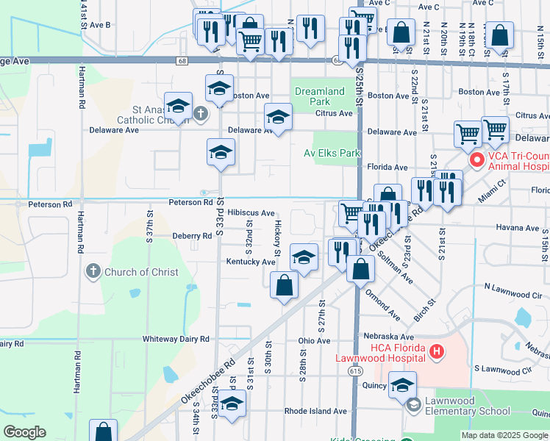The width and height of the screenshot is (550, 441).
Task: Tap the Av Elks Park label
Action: pyautogui.click(x=332, y=153)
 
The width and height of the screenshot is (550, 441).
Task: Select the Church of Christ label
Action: pyautogui.click(x=141, y=272)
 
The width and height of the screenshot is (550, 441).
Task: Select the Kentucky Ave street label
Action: pyautogui.click(x=251, y=262)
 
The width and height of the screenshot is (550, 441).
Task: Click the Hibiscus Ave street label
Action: pyautogui.click(x=251, y=212)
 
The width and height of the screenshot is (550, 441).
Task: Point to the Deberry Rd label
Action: pyautogui.click(x=192, y=236)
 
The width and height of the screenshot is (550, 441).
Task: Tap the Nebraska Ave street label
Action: pyautogui.click(x=390, y=336)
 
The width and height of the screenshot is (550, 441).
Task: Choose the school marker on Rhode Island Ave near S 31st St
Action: pyautogui.click(x=232, y=404)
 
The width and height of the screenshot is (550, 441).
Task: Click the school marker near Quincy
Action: pyautogui.click(x=402, y=386)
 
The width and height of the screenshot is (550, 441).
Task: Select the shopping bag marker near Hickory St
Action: pyautogui.click(x=284, y=285)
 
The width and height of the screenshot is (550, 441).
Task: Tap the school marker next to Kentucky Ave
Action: pyautogui.click(x=304, y=257)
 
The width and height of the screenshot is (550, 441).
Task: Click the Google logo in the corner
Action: pyautogui.click(x=24, y=432)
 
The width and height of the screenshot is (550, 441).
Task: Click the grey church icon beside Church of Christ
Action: pyautogui.click(x=93, y=272)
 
